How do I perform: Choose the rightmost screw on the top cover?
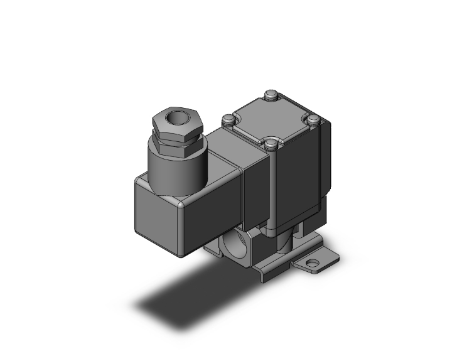(313, 119)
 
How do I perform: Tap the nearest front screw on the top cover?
(271, 146)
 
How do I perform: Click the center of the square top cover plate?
(271, 120)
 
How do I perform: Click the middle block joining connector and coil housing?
(254, 182)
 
